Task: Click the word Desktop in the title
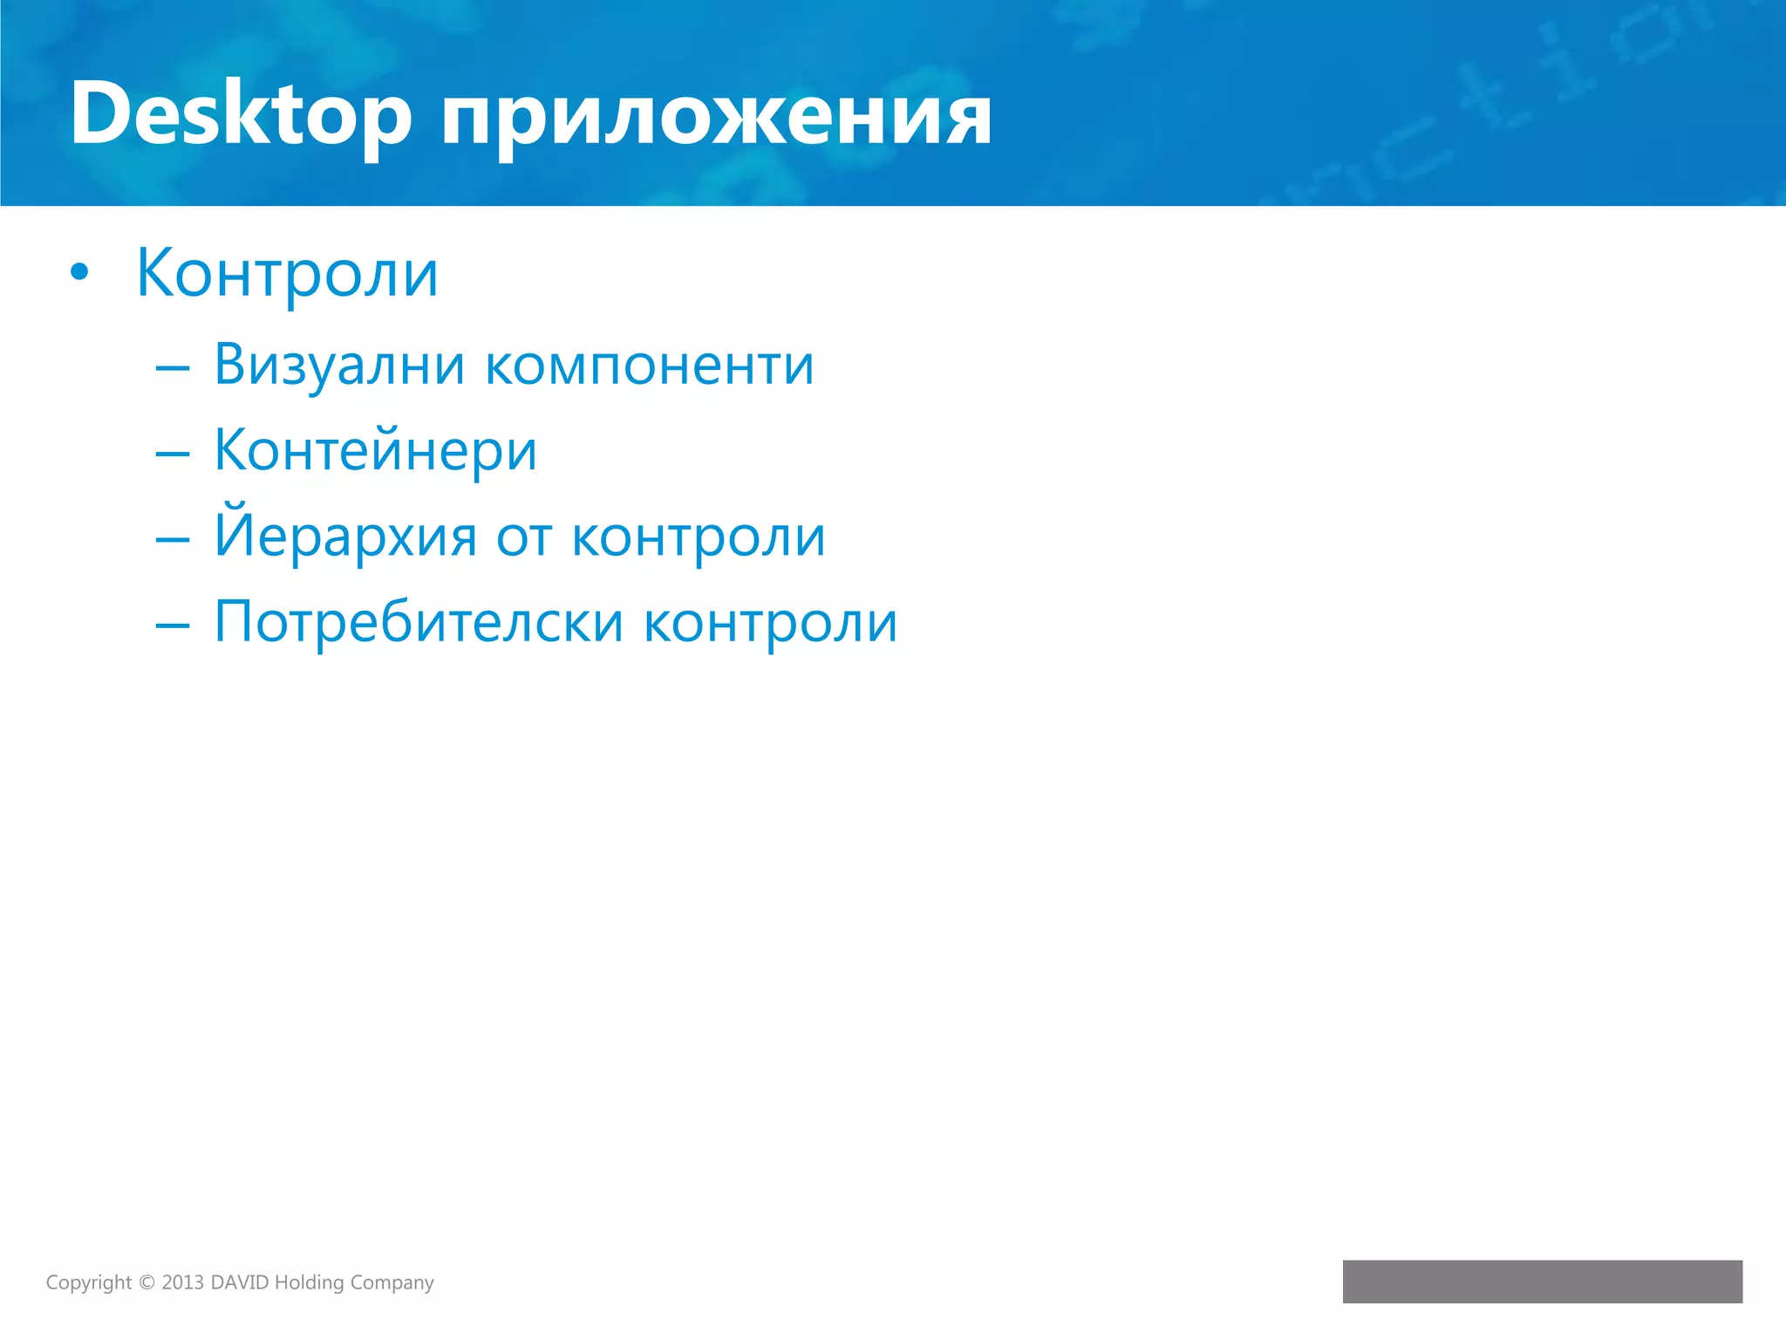(x=240, y=114)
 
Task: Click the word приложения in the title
(x=715, y=118)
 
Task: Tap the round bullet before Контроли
(x=79, y=272)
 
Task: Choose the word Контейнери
(x=375, y=451)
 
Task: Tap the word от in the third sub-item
(x=524, y=538)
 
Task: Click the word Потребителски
(x=419, y=622)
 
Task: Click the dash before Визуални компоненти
(x=173, y=368)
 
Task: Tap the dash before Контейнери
(x=173, y=454)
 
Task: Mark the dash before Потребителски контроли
(x=173, y=625)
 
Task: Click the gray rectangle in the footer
(x=1542, y=1282)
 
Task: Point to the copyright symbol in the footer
(x=147, y=1282)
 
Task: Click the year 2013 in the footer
(x=182, y=1282)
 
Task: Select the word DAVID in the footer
(x=240, y=1282)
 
